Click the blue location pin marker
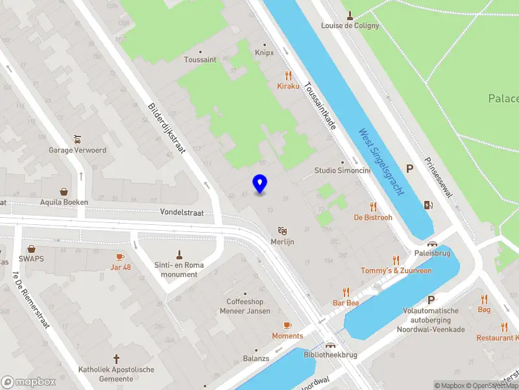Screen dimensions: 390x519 click(x=259, y=183)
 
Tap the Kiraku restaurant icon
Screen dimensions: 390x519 click(x=289, y=75)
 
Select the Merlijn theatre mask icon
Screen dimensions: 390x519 click(x=282, y=231)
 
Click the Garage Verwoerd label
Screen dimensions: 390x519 click(x=77, y=150)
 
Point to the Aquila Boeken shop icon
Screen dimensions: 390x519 click(x=64, y=192)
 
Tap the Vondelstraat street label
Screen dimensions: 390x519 click(x=182, y=212)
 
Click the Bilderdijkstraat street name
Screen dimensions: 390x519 click(x=167, y=129)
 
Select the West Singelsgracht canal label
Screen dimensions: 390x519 click(x=381, y=162)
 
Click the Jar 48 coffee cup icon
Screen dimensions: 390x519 click(x=120, y=257)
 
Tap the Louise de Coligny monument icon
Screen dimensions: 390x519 click(x=350, y=16)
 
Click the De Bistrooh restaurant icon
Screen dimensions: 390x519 click(x=373, y=207)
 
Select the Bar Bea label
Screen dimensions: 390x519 click(x=346, y=303)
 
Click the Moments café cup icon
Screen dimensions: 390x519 click(x=287, y=325)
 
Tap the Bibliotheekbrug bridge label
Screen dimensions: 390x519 click(x=330, y=354)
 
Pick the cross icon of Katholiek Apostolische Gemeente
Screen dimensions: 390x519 click(x=117, y=359)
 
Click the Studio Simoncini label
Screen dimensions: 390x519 click(x=343, y=170)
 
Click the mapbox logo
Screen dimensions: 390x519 click(x=28, y=382)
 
